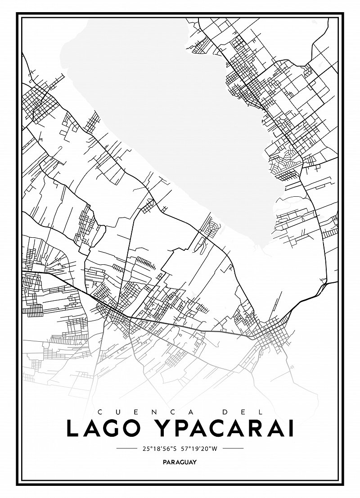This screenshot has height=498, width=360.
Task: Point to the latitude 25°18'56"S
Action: click(159, 448)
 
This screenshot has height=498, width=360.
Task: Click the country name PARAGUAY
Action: click(180, 462)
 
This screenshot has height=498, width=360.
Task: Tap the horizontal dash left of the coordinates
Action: click(126, 448)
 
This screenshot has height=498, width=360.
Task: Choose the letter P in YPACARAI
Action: click(186, 428)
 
